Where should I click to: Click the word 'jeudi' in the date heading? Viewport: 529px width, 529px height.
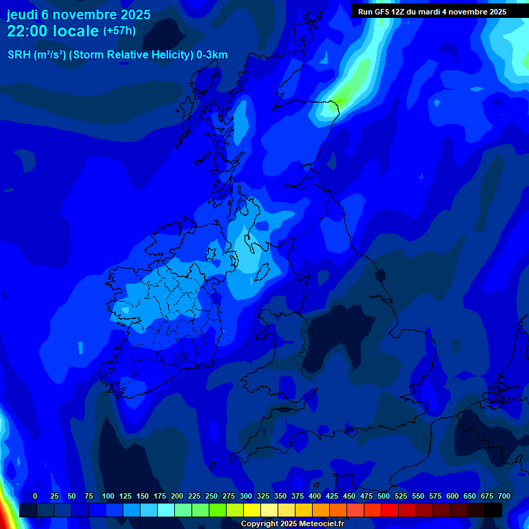click(x=23, y=14)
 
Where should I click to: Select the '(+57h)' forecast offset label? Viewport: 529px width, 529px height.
click(x=119, y=31)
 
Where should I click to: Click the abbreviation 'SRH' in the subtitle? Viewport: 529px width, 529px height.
click(x=19, y=55)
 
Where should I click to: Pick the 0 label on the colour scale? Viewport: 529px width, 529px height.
click(x=35, y=496)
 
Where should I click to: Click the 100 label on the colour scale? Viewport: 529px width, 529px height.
click(x=108, y=496)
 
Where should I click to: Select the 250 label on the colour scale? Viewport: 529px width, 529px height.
click(x=211, y=496)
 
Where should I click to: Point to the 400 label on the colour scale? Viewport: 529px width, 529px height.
click(x=315, y=496)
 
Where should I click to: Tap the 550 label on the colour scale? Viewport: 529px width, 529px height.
click(x=418, y=496)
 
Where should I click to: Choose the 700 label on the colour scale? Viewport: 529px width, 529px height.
click(x=504, y=496)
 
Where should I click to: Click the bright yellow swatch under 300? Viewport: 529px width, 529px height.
click(x=252, y=510)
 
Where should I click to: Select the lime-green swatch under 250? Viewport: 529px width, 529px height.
click(x=218, y=510)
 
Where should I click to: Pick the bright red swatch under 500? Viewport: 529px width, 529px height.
click(x=390, y=510)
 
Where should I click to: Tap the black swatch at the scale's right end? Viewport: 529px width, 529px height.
click(x=493, y=510)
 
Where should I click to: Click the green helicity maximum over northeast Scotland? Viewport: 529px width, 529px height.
click(x=335, y=105)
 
